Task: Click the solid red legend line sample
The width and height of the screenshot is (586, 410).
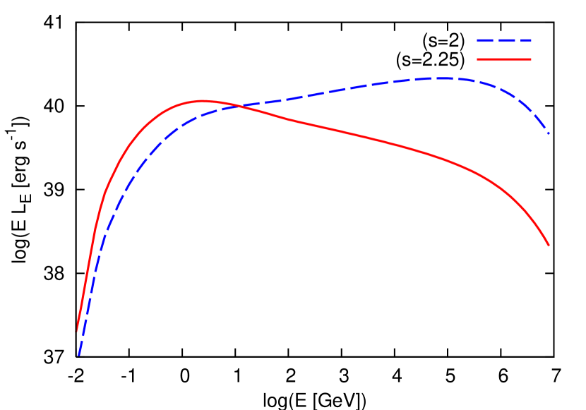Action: pos(504,60)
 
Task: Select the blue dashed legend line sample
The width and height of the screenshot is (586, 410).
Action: pos(504,41)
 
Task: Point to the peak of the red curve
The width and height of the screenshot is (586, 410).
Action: pos(203,101)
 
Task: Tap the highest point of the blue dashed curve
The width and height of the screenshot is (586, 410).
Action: pos(443,78)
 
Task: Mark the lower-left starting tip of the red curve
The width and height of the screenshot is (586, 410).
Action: pos(78,329)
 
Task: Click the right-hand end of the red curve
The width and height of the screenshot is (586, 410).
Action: pos(549,245)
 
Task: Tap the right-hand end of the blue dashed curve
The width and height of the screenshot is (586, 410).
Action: pos(549,133)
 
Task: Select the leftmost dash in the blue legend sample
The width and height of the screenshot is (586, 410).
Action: pos(485,41)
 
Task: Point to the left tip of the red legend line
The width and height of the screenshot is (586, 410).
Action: pos(478,60)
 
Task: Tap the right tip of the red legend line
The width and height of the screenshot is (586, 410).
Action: pos(530,60)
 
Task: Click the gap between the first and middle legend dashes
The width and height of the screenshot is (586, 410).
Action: pos(497,41)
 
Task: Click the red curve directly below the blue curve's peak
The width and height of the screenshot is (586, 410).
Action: pos(443,159)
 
